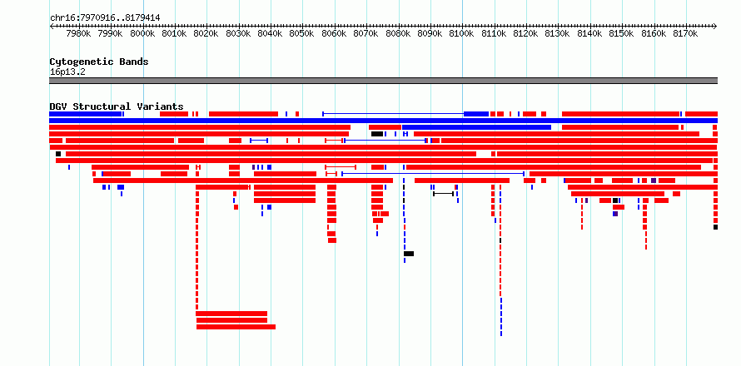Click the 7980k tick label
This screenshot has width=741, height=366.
78,33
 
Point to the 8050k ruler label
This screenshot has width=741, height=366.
301,33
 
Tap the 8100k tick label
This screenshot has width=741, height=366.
461,33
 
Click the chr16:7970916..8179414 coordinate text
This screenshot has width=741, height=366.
105,18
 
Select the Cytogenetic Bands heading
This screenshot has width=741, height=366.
99,62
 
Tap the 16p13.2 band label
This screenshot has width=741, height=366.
67,72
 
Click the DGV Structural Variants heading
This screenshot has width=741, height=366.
117,106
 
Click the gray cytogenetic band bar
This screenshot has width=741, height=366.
383,81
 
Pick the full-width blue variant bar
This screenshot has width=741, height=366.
383,121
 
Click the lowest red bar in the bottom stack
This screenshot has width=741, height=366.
236,327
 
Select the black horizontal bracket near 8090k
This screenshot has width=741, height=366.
443,194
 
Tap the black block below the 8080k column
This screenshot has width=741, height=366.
409,254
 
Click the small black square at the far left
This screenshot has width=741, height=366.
58,154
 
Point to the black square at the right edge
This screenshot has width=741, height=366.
715,227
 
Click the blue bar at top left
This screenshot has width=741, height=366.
85,114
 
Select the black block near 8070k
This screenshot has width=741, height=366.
377,134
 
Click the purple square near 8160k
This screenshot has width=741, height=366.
654,181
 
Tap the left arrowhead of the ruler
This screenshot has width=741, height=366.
51,27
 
